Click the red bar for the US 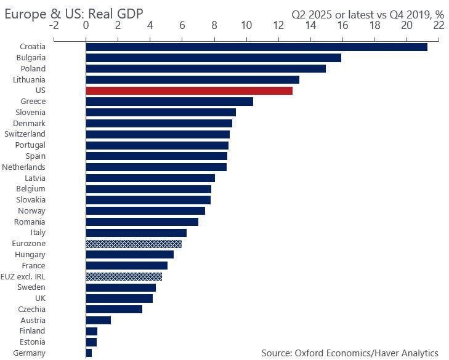pos(188,90)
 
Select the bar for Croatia pos(256,47)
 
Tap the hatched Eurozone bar pos(134,244)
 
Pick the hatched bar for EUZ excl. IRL pos(124,276)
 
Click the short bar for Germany pos(89,353)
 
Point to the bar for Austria pos(98,320)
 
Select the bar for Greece pos(169,102)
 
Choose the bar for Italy pos(136,233)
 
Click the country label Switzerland pos(25,134)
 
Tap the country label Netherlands pos(23,167)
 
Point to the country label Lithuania pos(29,79)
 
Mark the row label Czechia pos(32,309)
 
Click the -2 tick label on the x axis pos(54,26)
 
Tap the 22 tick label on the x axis pos(438,26)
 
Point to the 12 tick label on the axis pos(278,26)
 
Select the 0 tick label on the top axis pos(86,26)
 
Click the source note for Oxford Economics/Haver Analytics pos(349,353)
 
